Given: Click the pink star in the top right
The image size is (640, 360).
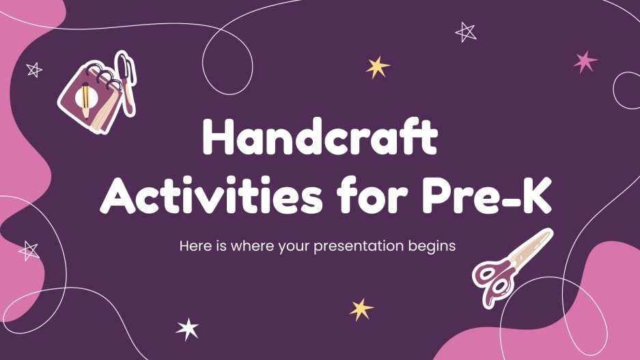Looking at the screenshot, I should click(x=585, y=61).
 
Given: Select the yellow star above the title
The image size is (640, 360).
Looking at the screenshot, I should click(x=377, y=66).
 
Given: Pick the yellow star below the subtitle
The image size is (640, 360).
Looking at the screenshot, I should click(x=362, y=309).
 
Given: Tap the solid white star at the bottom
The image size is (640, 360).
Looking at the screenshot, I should click(x=187, y=329).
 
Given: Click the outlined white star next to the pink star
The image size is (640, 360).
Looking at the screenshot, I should click(x=466, y=31).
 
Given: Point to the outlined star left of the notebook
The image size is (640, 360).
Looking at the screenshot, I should click(x=33, y=69).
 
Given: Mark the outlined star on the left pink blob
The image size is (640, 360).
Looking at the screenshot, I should click(x=29, y=251).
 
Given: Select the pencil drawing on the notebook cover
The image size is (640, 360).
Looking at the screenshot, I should click(x=85, y=98).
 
